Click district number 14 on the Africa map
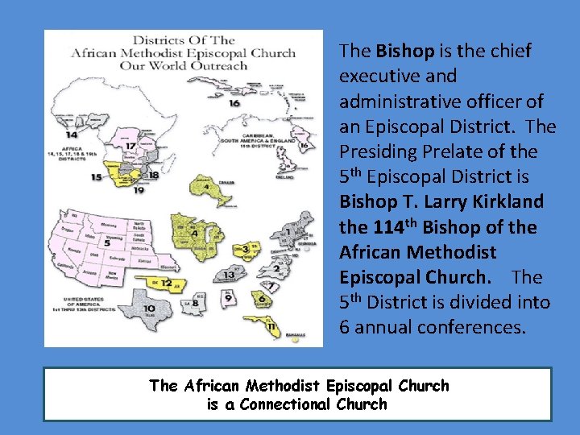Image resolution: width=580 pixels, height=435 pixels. coord(72,135)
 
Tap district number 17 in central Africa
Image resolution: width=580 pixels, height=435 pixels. coord(131,146)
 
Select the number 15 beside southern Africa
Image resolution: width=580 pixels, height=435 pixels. coord(97,176)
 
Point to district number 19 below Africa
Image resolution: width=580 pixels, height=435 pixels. coord(139,191)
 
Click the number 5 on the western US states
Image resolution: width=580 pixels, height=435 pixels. coord(107,242)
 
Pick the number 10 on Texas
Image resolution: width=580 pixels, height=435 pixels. coord(149,309)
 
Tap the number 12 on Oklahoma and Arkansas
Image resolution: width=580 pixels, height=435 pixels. coord(165,283)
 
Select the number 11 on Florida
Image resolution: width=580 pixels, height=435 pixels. coord(271,326)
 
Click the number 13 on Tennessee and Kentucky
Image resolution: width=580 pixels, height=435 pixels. coord(230,275)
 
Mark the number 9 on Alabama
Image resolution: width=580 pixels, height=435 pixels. coord(230,299)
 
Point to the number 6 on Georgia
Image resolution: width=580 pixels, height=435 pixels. coord(262,299)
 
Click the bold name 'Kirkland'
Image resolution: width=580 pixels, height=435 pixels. coord(507,201)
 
